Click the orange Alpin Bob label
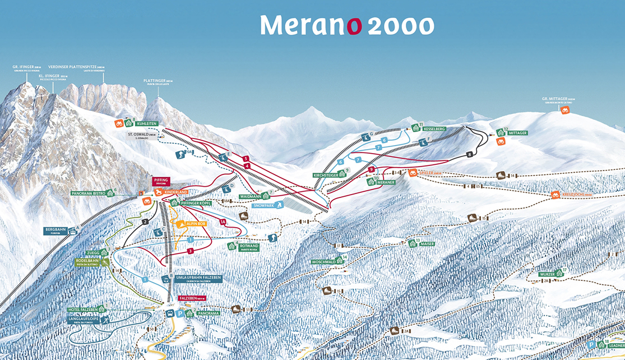pyautogui.click(x=194, y=224)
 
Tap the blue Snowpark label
pyautogui.click(x=263, y=206)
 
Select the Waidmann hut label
pyautogui.click(x=250, y=197)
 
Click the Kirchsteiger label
pyautogui.click(x=326, y=175)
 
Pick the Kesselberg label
pyautogui.click(x=434, y=129)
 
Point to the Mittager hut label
pyautogui.click(x=517, y=133)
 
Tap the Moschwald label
pyautogui.click(x=323, y=262)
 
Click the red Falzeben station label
pyautogui.click(x=190, y=299)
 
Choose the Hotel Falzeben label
pyautogui.click(x=82, y=310)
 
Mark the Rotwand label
pyautogui.click(x=249, y=246)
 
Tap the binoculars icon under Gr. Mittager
pyautogui.click(x=565, y=110)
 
